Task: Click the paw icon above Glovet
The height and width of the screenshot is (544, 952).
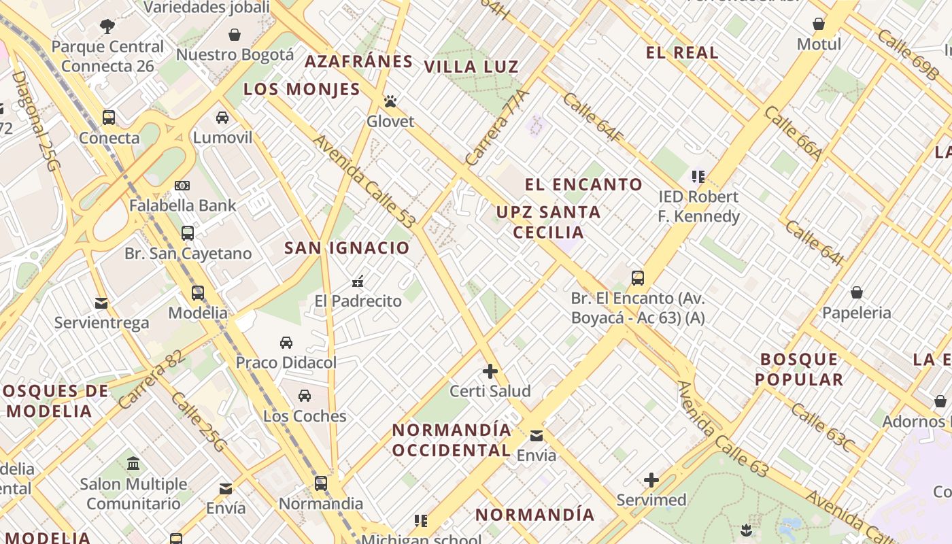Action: pos(390,102)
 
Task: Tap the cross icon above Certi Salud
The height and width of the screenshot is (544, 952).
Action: pos(490,371)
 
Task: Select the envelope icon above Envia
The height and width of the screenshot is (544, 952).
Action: pos(537,436)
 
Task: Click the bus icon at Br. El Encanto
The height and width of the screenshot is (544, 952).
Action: pos(638,278)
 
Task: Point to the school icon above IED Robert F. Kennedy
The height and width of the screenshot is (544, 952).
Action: pos(698,177)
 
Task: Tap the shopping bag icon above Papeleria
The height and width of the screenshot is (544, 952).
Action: pos(857,293)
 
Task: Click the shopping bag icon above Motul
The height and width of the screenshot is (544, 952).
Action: pos(819,24)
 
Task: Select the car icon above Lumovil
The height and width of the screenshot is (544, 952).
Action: pos(222,118)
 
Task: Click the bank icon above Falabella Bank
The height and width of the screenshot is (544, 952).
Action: pos(182,186)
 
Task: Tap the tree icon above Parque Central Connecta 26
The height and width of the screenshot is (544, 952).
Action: pos(107,27)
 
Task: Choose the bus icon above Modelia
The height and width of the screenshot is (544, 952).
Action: pos(198,293)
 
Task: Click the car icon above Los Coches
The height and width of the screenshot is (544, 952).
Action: pos(305,396)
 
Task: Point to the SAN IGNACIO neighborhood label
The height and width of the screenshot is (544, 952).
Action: pos(347,248)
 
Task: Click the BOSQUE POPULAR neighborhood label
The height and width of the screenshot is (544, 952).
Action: pos(799,369)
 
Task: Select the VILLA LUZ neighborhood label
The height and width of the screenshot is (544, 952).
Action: pos(471,67)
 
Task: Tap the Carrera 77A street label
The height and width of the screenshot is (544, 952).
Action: pos(497,128)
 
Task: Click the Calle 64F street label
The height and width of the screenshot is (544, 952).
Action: pos(593,118)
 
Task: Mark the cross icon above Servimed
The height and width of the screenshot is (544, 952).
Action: pos(651,480)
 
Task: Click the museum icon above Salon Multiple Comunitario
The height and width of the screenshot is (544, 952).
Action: pos(134,464)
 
